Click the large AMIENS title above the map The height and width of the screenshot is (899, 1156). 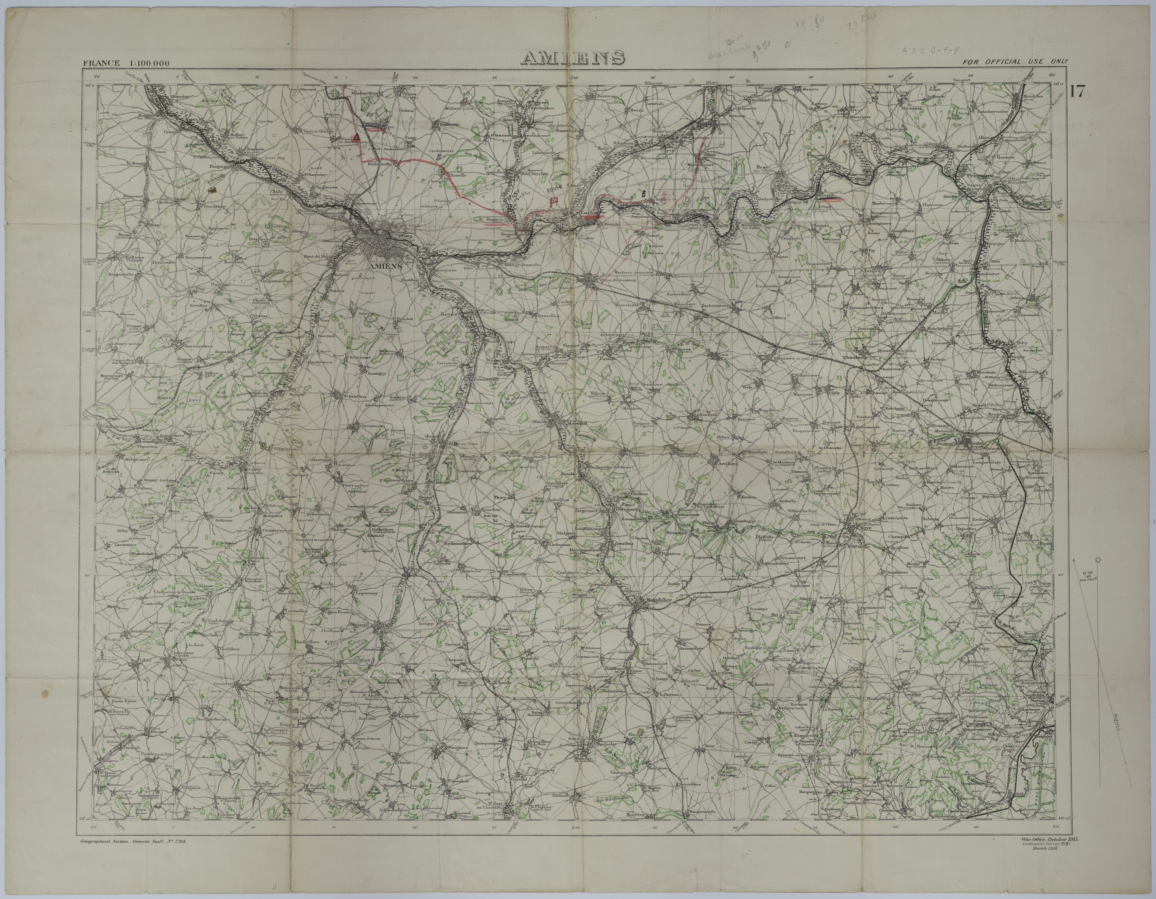(x=573, y=58)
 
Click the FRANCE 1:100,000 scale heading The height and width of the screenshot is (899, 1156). (x=126, y=63)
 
